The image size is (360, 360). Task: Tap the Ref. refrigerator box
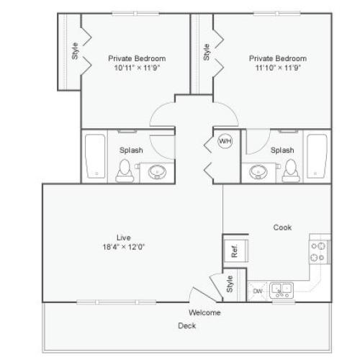[235, 251]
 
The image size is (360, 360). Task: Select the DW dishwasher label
[258, 291]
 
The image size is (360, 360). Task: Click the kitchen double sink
[282, 290]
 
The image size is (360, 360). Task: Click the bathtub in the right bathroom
[318, 156]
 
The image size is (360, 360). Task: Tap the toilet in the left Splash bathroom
[125, 170]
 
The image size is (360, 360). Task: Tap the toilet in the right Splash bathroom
[290, 170]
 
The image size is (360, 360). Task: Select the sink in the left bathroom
[157, 171]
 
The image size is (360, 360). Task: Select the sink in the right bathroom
[258, 171]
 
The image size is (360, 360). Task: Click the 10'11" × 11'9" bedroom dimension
[137, 68]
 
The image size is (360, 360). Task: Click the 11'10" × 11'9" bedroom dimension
[277, 68]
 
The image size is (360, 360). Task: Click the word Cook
[282, 228]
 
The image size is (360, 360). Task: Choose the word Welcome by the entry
[204, 312]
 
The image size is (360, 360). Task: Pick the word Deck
[187, 325]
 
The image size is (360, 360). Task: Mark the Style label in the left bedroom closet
[75, 53]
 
